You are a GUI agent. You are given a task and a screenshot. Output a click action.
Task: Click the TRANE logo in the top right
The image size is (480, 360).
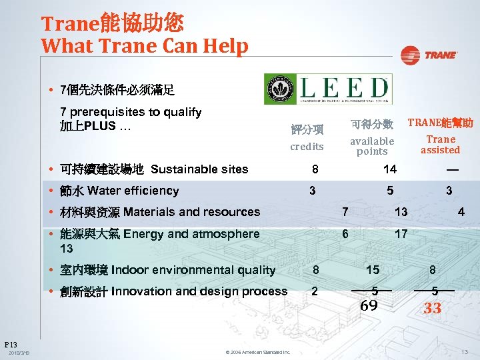point(429,55)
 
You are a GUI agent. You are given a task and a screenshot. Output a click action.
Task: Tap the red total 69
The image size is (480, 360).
point(369,306)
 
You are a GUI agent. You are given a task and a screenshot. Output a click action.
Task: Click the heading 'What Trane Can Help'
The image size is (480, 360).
point(145,46)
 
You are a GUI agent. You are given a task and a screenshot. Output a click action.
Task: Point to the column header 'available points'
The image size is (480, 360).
point(372,146)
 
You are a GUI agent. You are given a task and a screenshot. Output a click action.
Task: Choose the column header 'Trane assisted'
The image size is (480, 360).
point(440,144)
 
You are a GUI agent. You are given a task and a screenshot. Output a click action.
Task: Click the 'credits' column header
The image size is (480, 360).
point(307,147)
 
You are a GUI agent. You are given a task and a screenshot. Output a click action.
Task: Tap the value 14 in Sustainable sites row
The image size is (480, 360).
point(389,169)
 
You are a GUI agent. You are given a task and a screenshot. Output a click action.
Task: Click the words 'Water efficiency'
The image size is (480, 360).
point(133,191)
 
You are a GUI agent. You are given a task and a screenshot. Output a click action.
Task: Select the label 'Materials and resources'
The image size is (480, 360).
point(191,212)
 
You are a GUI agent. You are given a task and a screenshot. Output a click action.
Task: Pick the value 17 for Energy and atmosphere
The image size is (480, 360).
point(401,234)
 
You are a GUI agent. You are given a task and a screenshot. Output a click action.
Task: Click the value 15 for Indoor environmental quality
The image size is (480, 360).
point(373,270)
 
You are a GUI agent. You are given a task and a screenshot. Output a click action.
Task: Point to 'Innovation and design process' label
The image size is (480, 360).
point(199,291)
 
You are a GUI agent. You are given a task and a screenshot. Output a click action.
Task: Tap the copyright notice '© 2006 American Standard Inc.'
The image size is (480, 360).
point(257,352)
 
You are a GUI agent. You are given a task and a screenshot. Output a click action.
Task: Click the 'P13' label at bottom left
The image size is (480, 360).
point(11,344)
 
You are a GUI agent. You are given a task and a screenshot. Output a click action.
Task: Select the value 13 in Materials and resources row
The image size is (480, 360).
point(401,212)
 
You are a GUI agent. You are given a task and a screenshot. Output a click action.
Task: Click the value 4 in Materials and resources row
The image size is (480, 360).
point(461,212)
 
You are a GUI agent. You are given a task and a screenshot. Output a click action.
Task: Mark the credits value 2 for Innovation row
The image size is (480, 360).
point(314,291)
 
